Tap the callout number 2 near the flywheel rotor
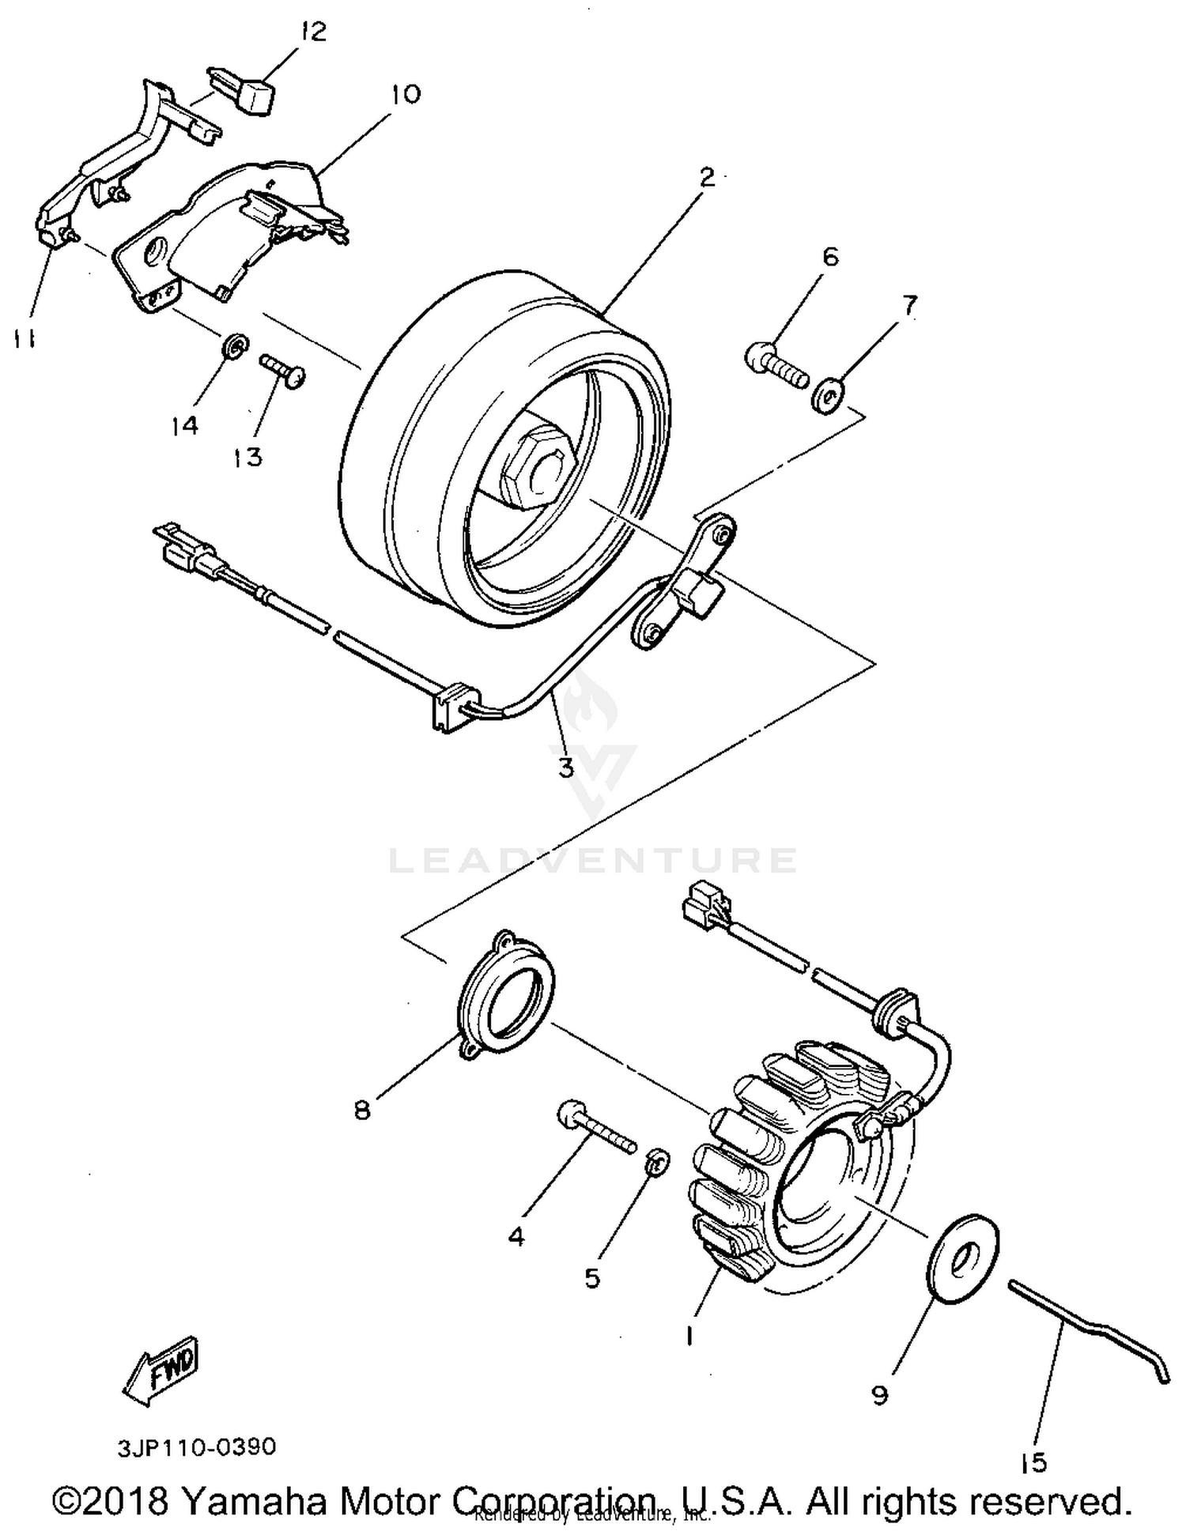click(706, 176)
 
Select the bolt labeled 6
click(776, 364)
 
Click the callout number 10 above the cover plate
click(406, 94)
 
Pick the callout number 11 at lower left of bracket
click(23, 340)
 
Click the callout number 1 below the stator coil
click(689, 1335)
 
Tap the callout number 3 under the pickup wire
click(565, 766)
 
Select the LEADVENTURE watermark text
click(593, 860)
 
